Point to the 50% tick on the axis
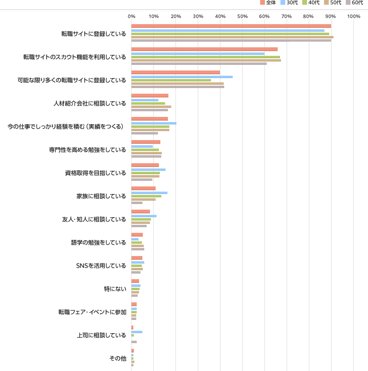point(242,17)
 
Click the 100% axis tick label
point(353,17)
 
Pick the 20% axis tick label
point(175,17)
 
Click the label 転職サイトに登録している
point(94,34)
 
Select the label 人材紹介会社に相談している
point(90,103)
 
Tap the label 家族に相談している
point(101,196)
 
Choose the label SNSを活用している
point(101,265)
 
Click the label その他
point(117,358)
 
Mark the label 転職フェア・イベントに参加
point(92,312)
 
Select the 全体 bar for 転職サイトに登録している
point(231,26)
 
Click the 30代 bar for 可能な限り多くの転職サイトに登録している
point(182,77)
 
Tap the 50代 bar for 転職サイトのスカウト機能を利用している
point(206,60)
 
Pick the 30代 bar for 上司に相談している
point(137,332)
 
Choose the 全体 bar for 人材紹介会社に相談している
point(149,96)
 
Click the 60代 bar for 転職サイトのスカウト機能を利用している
point(199,64)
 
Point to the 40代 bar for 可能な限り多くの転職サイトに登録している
point(171,80)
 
